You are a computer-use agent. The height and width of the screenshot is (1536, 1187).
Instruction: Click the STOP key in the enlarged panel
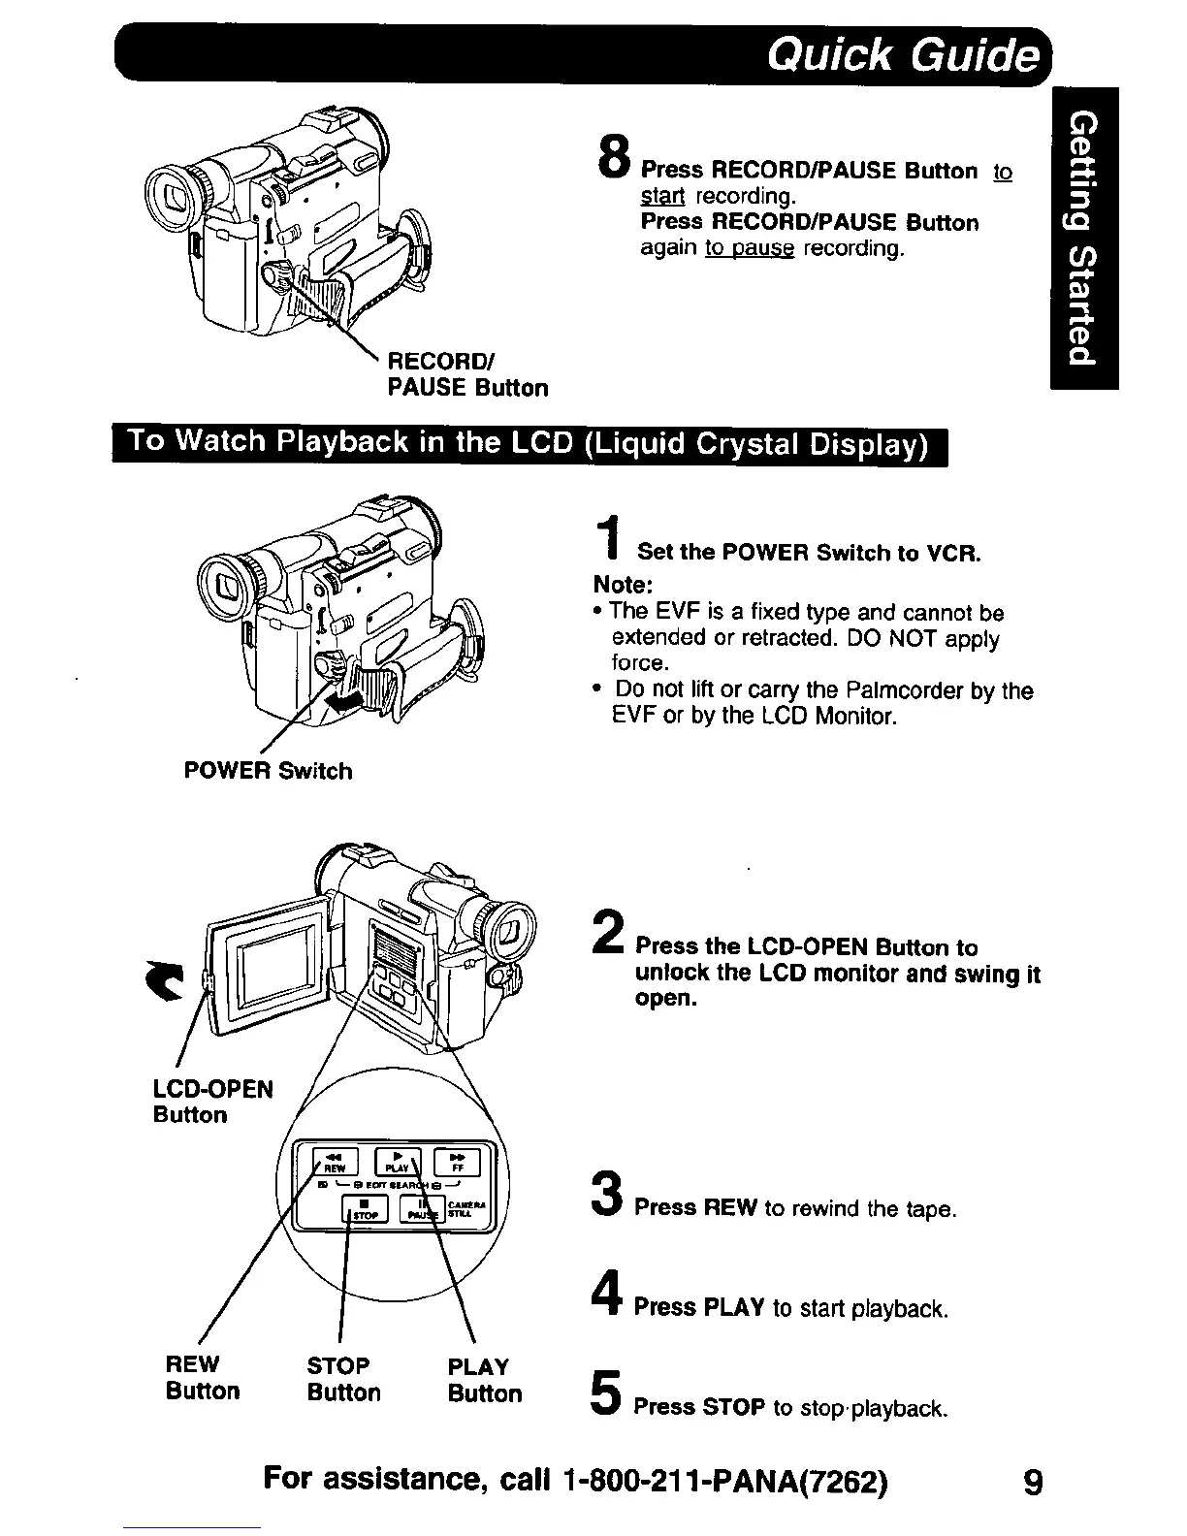point(366,1208)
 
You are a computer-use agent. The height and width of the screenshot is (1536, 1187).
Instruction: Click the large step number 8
point(614,155)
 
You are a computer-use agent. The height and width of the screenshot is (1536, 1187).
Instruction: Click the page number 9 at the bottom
point(1033,1483)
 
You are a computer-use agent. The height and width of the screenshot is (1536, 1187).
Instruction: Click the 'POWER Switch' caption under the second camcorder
point(268,771)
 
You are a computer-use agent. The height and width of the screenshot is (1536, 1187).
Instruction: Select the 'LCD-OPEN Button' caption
point(213,1102)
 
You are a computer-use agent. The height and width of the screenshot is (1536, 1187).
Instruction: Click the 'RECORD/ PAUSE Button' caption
point(467,375)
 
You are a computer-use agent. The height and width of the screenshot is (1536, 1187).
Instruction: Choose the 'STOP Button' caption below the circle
point(343,1379)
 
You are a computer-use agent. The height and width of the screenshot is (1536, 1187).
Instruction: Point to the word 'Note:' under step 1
point(624,586)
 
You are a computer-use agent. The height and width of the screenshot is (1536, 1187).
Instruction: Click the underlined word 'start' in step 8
point(662,196)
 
